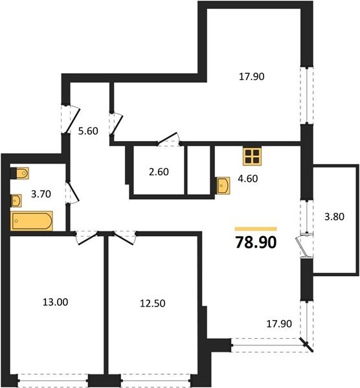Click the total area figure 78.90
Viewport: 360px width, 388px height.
tap(256, 242)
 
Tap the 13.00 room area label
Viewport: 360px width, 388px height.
tap(55, 302)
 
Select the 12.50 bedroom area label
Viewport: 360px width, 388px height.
tap(153, 303)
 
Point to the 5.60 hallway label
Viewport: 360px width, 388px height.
tap(88, 131)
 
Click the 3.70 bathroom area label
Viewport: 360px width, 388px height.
tap(41, 194)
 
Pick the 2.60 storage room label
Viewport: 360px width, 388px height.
tap(159, 172)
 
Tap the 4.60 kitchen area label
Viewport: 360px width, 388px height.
tap(248, 178)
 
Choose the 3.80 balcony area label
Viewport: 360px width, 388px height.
tap(334, 217)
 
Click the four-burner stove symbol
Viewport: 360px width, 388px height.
tap(253, 156)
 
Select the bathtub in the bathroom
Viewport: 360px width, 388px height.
tap(32, 221)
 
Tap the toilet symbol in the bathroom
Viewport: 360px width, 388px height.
tap(22, 173)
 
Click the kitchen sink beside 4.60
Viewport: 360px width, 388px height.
tap(223, 186)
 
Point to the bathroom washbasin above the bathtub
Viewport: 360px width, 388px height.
tap(16, 200)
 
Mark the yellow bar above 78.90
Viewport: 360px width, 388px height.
tap(256, 229)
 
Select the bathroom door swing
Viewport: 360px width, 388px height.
tap(73, 192)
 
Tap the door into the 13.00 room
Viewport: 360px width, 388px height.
tap(87, 238)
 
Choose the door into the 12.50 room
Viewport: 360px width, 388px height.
tap(124, 238)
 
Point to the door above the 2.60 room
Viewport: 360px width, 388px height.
tap(168, 138)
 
